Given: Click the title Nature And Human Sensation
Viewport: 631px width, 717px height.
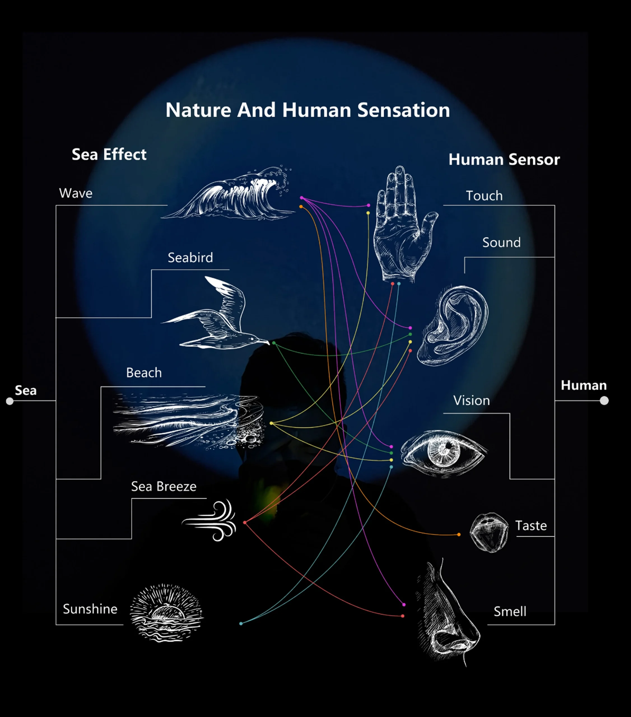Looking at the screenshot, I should click(308, 110).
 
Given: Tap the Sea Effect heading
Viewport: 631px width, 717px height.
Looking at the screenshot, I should click(109, 154).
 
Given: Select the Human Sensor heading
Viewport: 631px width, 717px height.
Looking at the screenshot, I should click(504, 160).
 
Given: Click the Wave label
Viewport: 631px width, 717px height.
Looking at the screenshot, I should click(76, 193).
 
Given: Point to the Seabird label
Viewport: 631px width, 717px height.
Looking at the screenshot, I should click(190, 258).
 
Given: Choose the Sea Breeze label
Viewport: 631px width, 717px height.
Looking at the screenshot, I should click(164, 486).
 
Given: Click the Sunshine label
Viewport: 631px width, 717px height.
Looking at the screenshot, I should click(90, 609).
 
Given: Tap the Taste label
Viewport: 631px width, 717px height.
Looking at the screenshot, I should click(531, 526).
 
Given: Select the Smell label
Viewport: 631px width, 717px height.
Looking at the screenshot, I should click(510, 612).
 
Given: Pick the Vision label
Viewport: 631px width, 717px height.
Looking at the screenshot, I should click(471, 401).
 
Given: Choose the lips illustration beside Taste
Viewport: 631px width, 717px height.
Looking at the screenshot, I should click(489, 532).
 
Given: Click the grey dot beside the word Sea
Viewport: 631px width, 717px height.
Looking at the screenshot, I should click(10, 401).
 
